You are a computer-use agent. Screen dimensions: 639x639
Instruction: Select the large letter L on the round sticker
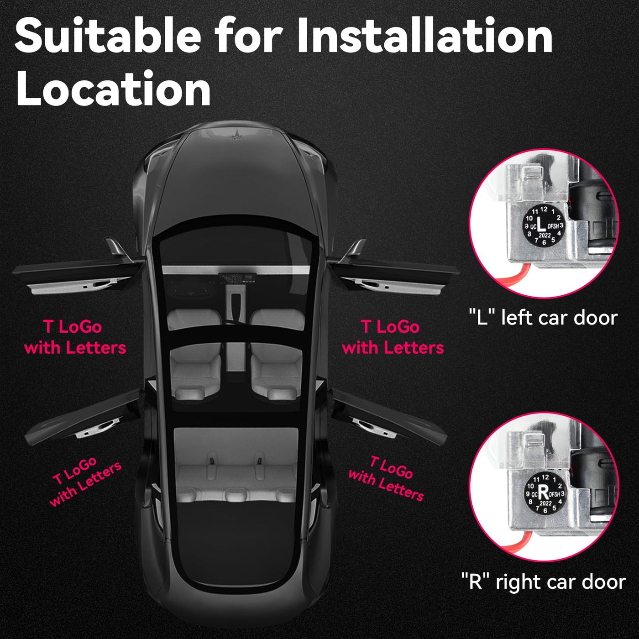coord(541,224)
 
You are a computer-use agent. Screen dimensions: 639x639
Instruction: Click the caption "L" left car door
coord(543,317)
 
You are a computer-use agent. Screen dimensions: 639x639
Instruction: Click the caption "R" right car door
coord(544,591)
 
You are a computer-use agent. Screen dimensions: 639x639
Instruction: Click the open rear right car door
coord(388,418)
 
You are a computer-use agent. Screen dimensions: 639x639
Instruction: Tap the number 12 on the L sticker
coord(544,209)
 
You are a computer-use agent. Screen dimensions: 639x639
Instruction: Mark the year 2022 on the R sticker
coord(545,503)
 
